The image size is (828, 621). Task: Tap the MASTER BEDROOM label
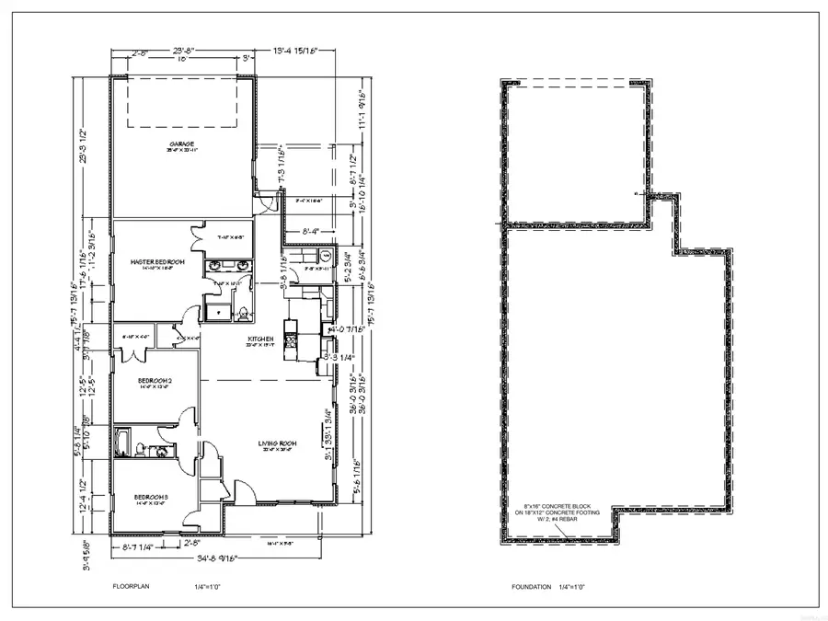coord(158,262)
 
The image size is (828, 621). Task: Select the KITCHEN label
coord(261,340)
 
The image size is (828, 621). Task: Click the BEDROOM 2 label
coord(155,379)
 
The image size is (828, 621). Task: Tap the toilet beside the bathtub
coord(139,450)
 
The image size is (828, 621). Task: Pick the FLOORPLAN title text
coord(130,586)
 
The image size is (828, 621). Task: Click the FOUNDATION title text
coord(532,586)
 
